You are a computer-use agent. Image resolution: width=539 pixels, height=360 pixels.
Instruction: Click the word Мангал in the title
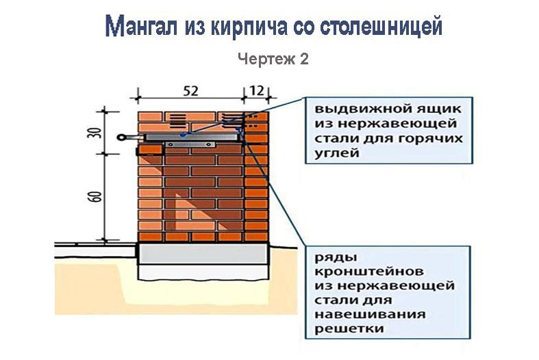pos(142,27)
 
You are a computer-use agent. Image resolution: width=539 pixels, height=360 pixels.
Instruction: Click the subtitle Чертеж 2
pos(273,60)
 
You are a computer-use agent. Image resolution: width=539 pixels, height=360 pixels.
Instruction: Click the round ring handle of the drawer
pos(122,138)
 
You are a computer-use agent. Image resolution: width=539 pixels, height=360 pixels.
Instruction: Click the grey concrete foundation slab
pos(203,257)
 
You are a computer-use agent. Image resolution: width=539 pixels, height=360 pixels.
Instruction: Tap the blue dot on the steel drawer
pos(182,136)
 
